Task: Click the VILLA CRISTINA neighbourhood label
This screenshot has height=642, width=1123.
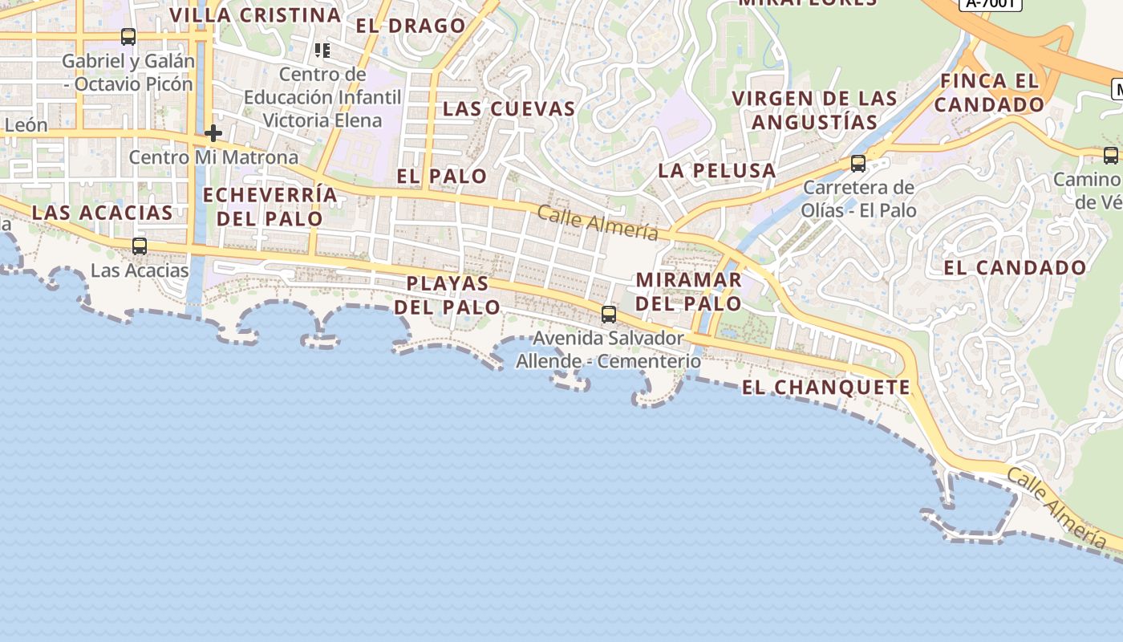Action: [x=256, y=15]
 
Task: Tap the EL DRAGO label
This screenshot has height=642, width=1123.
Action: [x=411, y=26]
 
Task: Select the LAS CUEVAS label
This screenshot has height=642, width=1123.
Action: [x=509, y=109]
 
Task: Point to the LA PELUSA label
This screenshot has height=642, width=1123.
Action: [x=717, y=170]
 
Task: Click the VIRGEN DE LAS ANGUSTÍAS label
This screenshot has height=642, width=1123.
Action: [x=815, y=111]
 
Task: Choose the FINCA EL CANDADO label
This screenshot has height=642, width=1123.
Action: [x=990, y=92]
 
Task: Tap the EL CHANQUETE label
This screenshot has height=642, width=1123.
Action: [x=826, y=388]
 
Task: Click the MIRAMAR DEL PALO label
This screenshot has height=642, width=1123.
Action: [x=689, y=292]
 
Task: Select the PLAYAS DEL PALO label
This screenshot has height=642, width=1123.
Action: [x=447, y=295]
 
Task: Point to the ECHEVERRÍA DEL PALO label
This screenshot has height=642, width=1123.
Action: [x=270, y=206]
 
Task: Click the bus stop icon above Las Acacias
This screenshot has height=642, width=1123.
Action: [x=140, y=246]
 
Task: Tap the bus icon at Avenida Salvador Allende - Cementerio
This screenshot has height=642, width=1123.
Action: [x=609, y=315]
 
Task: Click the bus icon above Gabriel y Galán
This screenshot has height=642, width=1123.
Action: [x=128, y=37]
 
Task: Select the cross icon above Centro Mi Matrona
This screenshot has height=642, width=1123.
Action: [x=213, y=133]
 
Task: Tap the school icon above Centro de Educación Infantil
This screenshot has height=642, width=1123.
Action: [x=322, y=51]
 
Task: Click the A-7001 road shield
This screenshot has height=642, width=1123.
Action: [x=991, y=3]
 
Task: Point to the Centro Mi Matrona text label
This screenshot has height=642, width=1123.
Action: [x=213, y=157]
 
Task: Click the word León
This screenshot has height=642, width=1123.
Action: [x=26, y=125]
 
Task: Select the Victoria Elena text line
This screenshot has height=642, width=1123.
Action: [x=322, y=120]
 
